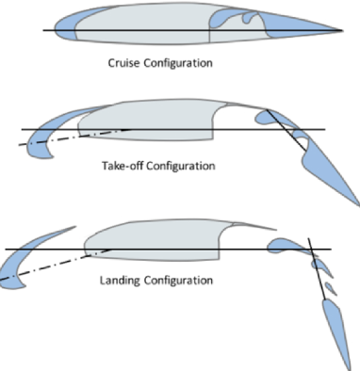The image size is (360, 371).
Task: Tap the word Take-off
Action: coord(123,166)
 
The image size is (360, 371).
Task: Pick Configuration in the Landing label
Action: coord(180,281)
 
